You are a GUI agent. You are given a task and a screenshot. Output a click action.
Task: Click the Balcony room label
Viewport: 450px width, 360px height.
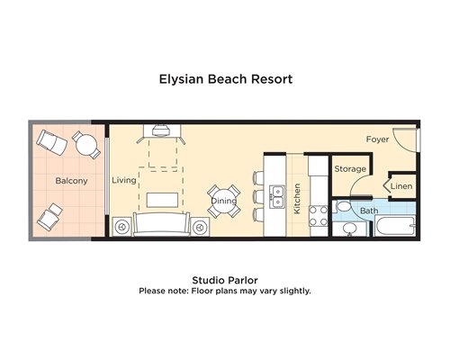tap(71, 181)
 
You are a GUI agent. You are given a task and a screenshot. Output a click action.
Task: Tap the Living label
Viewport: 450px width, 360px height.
tap(124, 180)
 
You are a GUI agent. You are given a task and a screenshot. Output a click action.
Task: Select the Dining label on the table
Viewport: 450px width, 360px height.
tap(224, 201)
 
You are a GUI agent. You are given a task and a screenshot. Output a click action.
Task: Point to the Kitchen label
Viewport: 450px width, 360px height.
tap(297, 199)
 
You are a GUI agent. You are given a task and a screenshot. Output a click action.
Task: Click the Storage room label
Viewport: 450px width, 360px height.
tap(350, 169)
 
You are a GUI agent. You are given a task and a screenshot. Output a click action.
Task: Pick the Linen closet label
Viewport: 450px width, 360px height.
tap(401, 186)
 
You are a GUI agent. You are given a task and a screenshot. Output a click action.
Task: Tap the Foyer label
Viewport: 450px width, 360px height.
tap(377, 139)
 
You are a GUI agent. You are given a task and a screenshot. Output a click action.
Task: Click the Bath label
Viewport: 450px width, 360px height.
tap(369, 211)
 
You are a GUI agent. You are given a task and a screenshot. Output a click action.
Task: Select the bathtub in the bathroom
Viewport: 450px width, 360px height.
tap(395, 226)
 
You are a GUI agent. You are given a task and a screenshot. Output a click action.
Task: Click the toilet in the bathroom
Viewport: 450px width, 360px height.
tap(343, 207)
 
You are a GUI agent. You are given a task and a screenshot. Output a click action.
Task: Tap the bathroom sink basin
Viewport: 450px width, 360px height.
tap(349, 229)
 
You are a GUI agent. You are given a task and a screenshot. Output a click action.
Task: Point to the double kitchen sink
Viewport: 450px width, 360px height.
tap(277, 197)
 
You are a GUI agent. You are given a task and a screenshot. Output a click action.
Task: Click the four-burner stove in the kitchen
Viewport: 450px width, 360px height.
tap(319, 216)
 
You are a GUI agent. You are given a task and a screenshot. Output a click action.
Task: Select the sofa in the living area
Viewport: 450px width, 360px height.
tap(162, 224)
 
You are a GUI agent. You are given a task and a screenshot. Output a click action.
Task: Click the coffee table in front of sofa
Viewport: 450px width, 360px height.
tap(162, 200)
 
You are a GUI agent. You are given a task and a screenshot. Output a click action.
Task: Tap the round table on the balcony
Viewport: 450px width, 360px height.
tap(86, 145)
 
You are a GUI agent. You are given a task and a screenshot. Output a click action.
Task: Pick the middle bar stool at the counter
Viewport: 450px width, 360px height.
tap(258, 196)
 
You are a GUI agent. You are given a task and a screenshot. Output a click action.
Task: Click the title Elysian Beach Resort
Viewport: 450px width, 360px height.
tap(226, 79)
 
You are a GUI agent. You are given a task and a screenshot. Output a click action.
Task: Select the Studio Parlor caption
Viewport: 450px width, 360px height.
tap(225, 280)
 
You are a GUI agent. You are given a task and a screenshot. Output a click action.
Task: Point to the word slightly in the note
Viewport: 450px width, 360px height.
tap(295, 291)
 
